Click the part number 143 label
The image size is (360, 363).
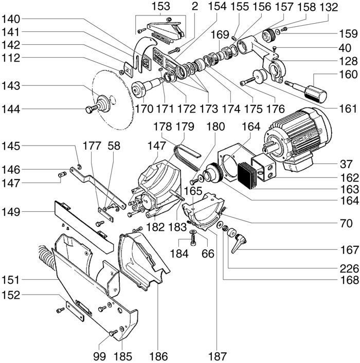(x=11, y=86)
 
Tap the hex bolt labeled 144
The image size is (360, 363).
(x=92, y=108)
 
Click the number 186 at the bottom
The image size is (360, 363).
(x=158, y=356)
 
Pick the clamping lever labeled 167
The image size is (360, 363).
(x=238, y=243)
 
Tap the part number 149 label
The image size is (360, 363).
(x=11, y=212)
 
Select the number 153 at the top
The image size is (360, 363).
(x=160, y=7)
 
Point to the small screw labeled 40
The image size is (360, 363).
(x=274, y=48)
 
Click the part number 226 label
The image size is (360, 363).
(x=349, y=269)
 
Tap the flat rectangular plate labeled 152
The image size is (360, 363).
(x=75, y=311)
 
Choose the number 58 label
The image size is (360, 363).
(x=114, y=146)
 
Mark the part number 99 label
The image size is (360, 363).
(x=100, y=356)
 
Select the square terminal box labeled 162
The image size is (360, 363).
(x=264, y=167)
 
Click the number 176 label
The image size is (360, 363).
(x=275, y=109)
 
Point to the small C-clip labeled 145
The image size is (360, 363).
(x=80, y=167)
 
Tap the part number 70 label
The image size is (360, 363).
(x=346, y=223)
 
